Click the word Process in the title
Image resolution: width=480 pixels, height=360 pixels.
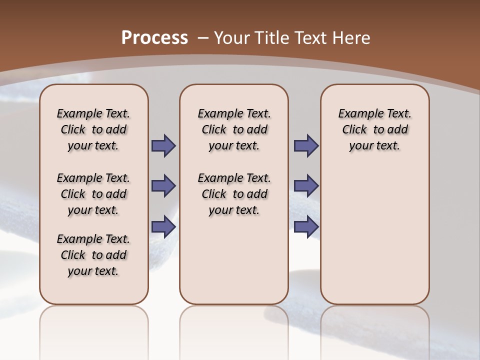pos(154,37)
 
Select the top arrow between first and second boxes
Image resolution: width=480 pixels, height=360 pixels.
pos(163,146)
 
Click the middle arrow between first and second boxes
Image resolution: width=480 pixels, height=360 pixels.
pos(163,186)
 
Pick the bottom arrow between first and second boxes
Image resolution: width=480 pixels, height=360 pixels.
pos(163,226)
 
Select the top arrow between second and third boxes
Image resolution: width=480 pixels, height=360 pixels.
pos(306,146)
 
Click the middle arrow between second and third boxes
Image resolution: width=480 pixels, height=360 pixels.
pos(306,186)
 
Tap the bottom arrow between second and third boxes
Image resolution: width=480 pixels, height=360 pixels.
pos(306,226)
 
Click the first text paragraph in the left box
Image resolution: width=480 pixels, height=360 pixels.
pos(93,129)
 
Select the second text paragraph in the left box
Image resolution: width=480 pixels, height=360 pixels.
pos(93,194)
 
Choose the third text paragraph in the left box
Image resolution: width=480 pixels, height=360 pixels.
pos(93,255)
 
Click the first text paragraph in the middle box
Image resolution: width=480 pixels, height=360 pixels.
pos(234,129)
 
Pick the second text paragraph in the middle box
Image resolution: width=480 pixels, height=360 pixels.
pos(234,194)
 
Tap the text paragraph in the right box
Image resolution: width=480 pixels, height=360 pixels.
pos(375,129)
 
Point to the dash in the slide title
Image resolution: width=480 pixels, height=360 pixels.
pos(203,37)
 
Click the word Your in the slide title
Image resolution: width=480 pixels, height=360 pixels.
pos(232,37)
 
